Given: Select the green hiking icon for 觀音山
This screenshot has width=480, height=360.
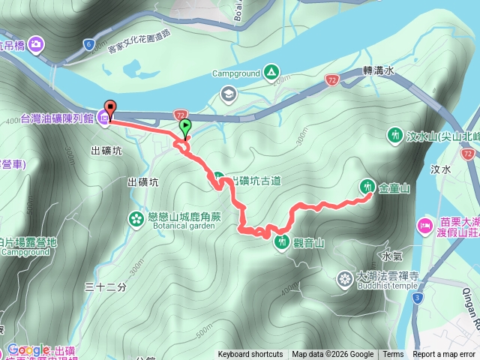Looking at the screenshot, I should [281, 241].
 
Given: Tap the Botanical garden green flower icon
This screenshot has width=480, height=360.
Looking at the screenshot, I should [136, 219].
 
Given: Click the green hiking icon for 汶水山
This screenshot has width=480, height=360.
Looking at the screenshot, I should [394, 136].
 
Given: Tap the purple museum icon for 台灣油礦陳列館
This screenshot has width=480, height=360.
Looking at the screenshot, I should [103, 118].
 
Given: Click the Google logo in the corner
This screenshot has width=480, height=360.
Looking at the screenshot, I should [28, 349].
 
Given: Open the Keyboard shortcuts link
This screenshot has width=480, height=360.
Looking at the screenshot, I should [250, 355].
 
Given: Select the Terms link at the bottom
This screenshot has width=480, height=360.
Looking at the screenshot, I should [393, 355].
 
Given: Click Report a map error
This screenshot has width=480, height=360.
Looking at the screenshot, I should [445, 355].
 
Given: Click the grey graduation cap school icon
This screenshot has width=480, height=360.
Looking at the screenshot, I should [227, 94].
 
